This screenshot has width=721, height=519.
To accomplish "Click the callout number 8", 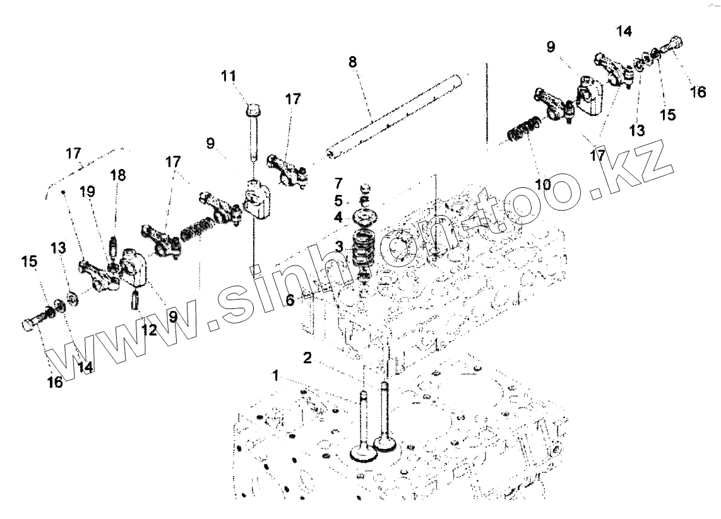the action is pos(352,62).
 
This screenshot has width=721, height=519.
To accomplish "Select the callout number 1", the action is pos(275,376).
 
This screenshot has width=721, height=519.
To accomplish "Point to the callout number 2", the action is pos(307,358).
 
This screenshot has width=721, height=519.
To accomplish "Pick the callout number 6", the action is pos(290,301).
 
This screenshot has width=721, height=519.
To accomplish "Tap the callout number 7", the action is pos(338,184).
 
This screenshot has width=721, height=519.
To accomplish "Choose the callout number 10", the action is pos(543,185).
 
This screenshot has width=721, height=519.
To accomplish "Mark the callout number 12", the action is pos(148,329).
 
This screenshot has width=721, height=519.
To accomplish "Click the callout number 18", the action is pos(118,175).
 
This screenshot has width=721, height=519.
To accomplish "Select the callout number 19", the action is pos(88,192).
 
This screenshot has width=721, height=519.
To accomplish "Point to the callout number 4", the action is pos(338,218).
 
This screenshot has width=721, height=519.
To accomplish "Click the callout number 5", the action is pos(338,201).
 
